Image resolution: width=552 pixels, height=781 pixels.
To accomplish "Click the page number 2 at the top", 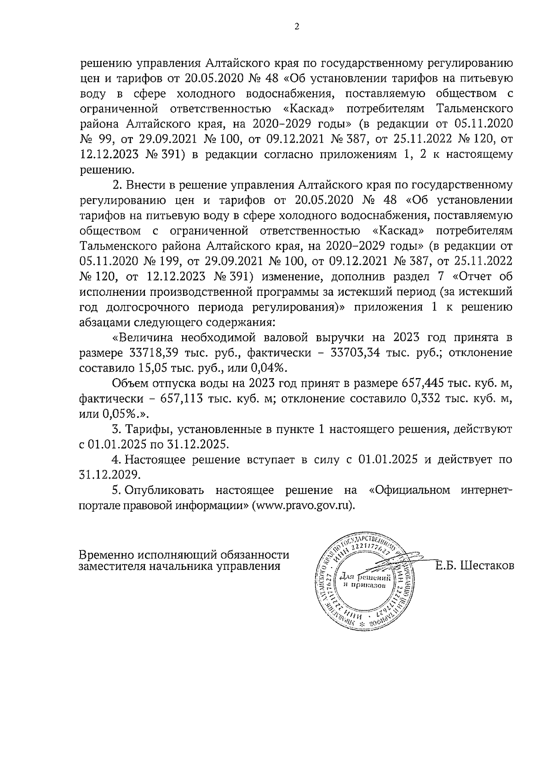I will pos(297,27).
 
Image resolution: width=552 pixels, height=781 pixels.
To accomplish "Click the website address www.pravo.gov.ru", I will pos(303,505).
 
